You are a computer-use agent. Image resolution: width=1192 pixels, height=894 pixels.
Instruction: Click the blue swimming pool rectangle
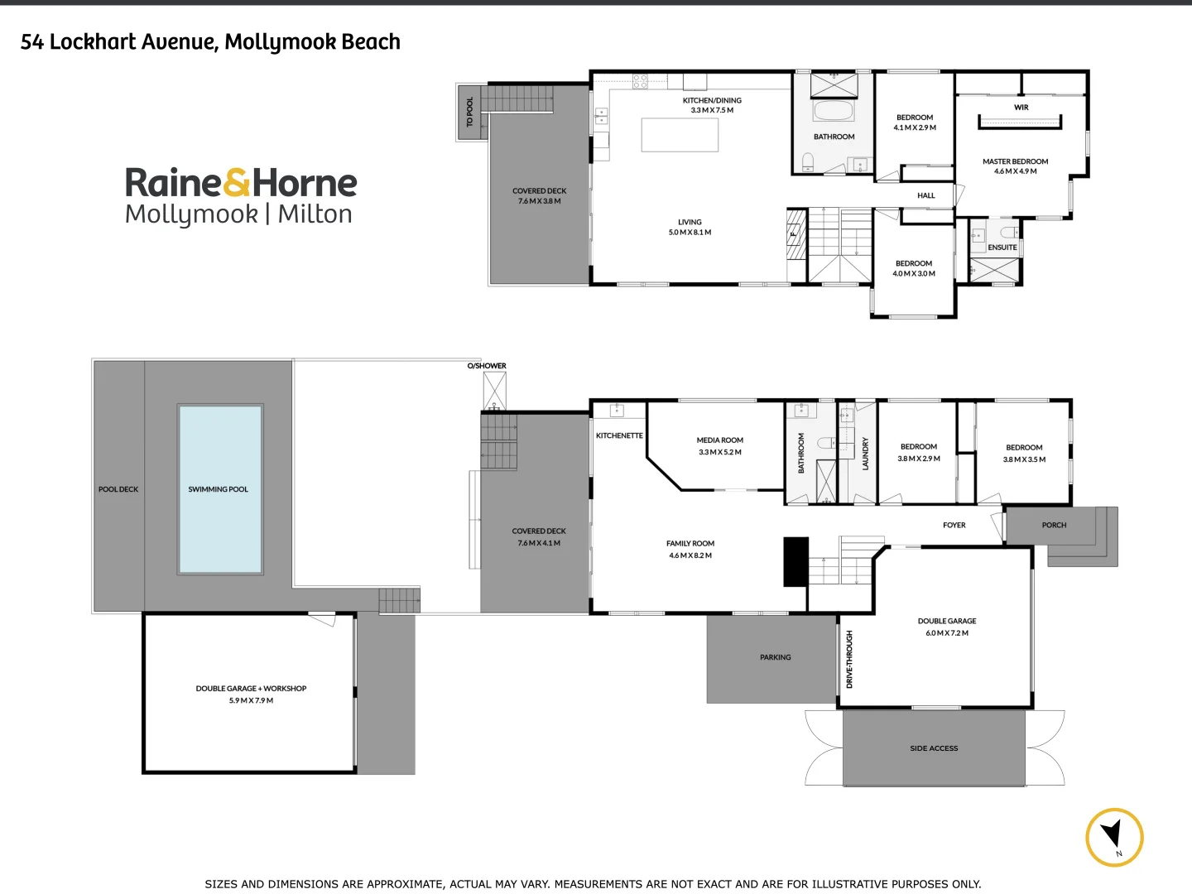pyautogui.click(x=220, y=489)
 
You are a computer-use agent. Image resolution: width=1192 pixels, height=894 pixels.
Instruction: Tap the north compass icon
pyautogui.click(x=1114, y=837)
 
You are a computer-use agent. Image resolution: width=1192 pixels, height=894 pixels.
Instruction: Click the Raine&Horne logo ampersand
pyautogui.click(x=237, y=183)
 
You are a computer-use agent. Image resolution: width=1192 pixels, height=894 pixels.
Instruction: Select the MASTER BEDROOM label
pyautogui.click(x=1015, y=161)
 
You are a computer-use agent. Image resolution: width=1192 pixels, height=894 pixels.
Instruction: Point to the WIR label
pyautogui.click(x=1021, y=108)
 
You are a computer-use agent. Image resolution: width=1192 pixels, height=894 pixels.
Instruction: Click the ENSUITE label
pyautogui.click(x=1002, y=248)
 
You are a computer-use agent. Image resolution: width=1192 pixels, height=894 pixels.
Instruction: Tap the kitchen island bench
pyautogui.click(x=680, y=135)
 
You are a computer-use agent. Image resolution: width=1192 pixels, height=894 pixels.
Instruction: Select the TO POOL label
pyautogui.click(x=469, y=113)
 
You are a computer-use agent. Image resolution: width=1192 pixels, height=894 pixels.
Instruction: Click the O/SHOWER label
pyautogui.click(x=487, y=366)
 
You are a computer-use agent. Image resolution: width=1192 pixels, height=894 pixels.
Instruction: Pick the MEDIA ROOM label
pyautogui.click(x=719, y=440)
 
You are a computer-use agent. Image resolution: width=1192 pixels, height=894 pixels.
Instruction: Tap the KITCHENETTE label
pyautogui.click(x=619, y=435)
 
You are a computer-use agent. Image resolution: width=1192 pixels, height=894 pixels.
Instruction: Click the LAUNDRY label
pyautogui.click(x=866, y=454)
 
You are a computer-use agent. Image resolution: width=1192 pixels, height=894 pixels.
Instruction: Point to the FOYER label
pyautogui.click(x=954, y=525)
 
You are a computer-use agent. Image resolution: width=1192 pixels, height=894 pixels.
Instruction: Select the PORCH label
pyautogui.click(x=1054, y=525)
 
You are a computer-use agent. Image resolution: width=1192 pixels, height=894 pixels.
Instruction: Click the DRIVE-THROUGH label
pyautogui.click(x=849, y=660)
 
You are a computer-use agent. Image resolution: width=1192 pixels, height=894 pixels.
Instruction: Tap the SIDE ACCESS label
pyautogui.click(x=934, y=748)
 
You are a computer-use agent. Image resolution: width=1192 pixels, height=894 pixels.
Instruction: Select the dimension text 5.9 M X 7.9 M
pyautogui.click(x=251, y=700)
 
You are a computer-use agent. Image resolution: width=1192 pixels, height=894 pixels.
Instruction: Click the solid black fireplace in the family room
pyautogui.click(x=795, y=562)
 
